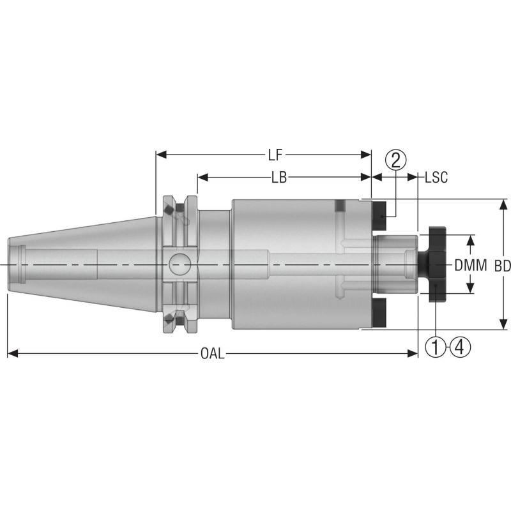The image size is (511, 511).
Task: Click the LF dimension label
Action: (275, 155)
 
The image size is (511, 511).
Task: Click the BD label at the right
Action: (503, 264)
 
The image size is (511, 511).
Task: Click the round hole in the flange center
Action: (179, 263)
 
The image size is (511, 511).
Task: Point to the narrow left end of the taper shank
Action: (14, 263)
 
